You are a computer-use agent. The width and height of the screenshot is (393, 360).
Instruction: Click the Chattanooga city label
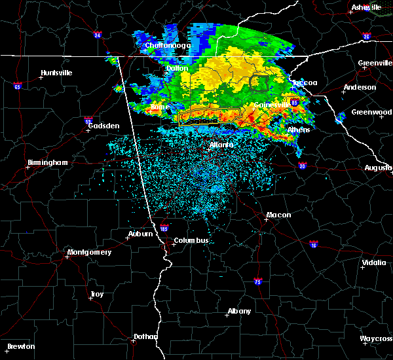pyautogui.click(x=168, y=46)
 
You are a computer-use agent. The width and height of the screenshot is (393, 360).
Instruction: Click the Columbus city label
pyautogui.click(x=191, y=240)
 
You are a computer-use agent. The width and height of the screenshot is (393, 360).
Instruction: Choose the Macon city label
pyautogui.click(x=278, y=215)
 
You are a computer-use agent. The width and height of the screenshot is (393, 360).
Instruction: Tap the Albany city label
pyautogui.click(x=238, y=311)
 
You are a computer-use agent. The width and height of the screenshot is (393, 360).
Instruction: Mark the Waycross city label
pyautogui.click(x=376, y=338)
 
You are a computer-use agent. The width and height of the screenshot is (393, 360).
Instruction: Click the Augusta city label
pyautogui.click(x=378, y=168)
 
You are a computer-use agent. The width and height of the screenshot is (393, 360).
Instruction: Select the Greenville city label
pyautogui.click(x=375, y=63)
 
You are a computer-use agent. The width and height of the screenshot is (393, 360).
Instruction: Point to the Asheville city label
pyautogui.click(x=366, y=7)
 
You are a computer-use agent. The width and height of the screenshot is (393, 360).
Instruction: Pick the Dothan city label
pyautogui.click(x=145, y=336)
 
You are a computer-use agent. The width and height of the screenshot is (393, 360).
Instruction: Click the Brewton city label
pyautogui.click(x=21, y=346)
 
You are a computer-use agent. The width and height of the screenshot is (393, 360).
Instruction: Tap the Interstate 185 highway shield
pyautogui.click(x=164, y=229)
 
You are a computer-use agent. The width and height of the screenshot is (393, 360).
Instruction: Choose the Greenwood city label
pyautogui.click(x=371, y=112)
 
